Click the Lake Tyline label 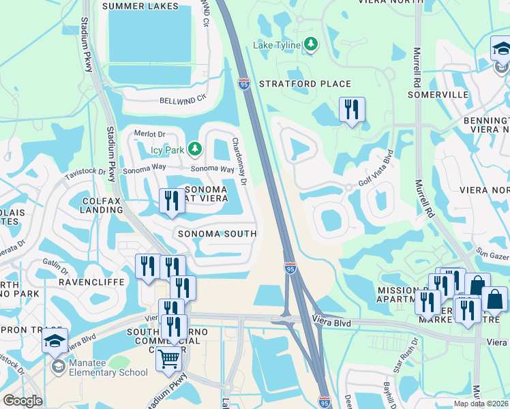click(x=277, y=45)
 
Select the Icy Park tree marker click(x=195, y=148)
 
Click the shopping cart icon click(x=168, y=359)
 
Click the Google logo click(x=22, y=401)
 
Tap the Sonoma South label click(x=217, y=233)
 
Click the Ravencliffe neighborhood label click(x=92, y=281)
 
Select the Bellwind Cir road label click(x=182, y=99)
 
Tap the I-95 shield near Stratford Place click(x=244, y=83)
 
